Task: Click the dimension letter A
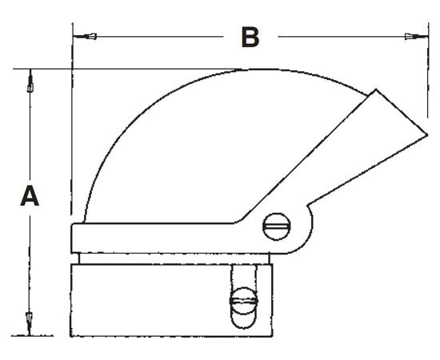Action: (x=30, y=196)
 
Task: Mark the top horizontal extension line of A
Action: (x=120, y=69)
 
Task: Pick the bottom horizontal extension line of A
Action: (x=48, y=334)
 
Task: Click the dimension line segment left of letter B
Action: (x=160, y=36)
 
